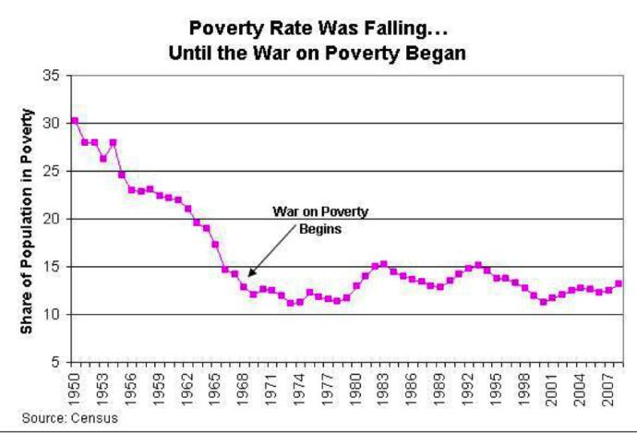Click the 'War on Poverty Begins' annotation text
[320, 220]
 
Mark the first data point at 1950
[75, 121]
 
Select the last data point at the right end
[618, 284]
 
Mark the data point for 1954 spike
[113, 143]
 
